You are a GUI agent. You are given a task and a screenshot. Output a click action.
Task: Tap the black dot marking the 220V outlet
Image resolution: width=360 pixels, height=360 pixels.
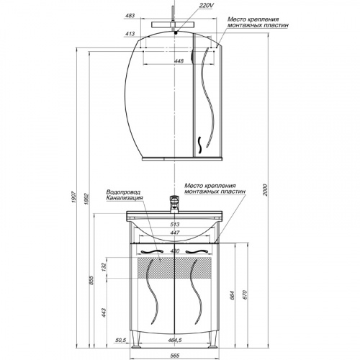(176, 33)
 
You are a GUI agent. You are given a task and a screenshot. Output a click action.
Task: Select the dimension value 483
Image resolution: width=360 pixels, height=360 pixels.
(130, 16)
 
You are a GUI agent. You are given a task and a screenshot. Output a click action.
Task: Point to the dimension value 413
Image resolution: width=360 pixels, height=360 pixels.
(130, 34)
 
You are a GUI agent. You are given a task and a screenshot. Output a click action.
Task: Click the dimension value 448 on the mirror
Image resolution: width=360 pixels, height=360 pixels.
(179, 61)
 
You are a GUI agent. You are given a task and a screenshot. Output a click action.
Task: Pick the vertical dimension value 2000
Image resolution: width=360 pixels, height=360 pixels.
(265, 190)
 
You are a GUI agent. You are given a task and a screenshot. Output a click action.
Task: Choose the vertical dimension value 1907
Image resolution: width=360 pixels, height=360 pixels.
(73, 197)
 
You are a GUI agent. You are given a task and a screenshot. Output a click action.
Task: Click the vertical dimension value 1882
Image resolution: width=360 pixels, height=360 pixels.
(86, 199)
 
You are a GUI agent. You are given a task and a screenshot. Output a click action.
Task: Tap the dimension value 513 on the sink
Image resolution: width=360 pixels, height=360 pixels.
(175, 225)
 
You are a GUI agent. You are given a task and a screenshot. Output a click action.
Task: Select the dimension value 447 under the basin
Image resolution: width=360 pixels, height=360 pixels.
(175, 233)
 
